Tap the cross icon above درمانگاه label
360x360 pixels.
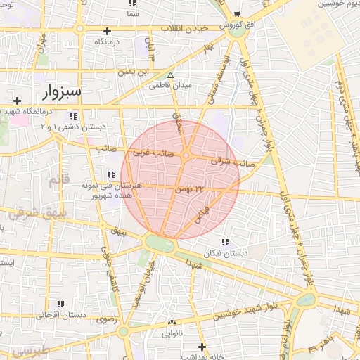[107, 31]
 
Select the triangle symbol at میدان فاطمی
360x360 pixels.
[169, 75]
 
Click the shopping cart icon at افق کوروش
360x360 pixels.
[237, 13]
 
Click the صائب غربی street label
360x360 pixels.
[147, 151]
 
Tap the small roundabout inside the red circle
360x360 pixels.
[186, 155]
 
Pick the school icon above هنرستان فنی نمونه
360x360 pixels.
[110, 174]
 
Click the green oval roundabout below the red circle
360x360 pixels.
[160, 245]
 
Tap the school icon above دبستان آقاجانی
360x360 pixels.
[62, 304]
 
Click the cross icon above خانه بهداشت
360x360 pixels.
[202, 347]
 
